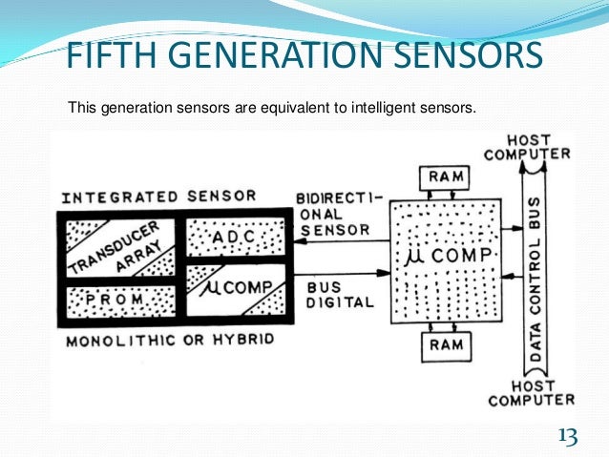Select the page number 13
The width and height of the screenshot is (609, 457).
pos(568,437)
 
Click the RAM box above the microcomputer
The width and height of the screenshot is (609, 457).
pos(447,176)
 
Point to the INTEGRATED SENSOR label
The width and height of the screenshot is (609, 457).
pos(158,197)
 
